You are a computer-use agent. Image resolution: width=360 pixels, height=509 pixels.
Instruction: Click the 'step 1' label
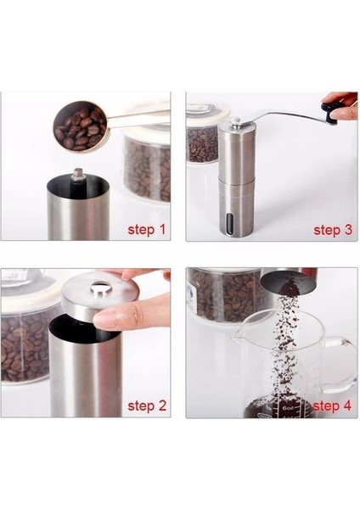(147, 230)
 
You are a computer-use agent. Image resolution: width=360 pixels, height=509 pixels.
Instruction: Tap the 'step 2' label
(147, 406)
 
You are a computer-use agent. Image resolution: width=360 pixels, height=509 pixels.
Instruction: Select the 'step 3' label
(333, 230)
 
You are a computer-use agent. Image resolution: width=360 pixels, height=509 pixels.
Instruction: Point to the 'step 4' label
(332, 406)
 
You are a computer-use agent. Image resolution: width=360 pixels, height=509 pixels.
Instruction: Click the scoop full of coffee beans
(81, 126)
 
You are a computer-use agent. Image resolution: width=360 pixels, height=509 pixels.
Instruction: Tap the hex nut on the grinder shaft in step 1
(79, 174)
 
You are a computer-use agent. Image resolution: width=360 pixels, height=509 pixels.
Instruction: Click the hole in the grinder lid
(100, 288)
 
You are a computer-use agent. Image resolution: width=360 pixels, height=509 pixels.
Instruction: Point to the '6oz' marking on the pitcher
(287, 407)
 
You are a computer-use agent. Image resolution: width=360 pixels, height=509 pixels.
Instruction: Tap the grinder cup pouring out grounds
(289, 279)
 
